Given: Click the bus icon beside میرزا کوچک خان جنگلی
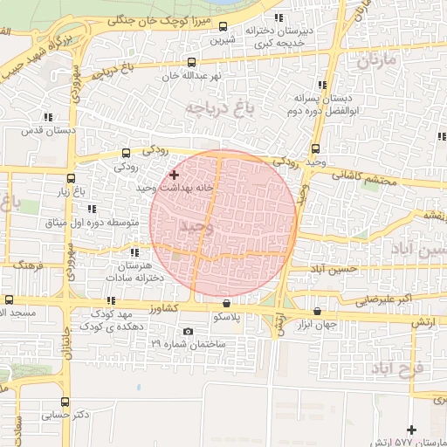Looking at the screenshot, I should (223, 26).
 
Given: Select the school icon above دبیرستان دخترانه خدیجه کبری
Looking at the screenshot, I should (279, 18).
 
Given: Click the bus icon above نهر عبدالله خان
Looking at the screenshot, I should (191, 62).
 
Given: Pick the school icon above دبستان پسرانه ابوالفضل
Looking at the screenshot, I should (322, 85).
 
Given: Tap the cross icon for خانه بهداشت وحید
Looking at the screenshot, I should (174, 175).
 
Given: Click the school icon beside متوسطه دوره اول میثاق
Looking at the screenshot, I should (91, 208).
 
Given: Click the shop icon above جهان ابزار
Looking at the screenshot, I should (317, 311).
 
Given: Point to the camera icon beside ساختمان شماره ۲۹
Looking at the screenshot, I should (188, 332).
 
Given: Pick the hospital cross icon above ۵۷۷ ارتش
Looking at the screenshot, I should (412, 430).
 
